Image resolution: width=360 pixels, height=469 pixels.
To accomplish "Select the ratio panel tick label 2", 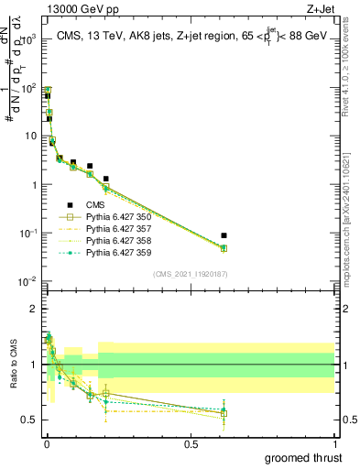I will [35, 309].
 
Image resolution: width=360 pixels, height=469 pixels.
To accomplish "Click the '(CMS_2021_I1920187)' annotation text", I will [190, 274].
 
